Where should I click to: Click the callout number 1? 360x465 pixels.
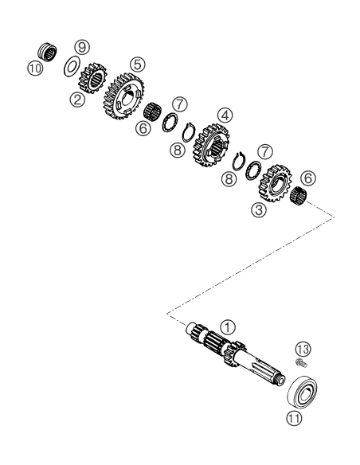point(228,327)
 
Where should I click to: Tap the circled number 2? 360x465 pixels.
point(78,100)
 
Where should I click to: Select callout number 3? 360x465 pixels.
point(259,210)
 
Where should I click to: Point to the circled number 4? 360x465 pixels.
point(225,116)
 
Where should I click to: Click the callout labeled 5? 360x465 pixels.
point(137,64)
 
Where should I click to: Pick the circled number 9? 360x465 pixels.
point(82,47)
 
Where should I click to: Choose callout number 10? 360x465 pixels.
point(35,68)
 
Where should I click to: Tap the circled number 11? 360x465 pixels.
point(294,419)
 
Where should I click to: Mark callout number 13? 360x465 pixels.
point(303,349)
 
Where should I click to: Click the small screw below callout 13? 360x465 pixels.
point(301,363)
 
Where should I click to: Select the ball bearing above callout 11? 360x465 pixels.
point(303,392)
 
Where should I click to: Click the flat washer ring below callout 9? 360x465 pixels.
point(71,67)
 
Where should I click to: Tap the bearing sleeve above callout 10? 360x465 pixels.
point(48,53)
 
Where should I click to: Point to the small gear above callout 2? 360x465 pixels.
point(92,79)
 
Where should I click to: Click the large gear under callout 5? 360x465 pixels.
point(123,96)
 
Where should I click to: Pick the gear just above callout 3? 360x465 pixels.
point(274,183)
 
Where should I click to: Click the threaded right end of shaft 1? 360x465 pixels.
point(280,381)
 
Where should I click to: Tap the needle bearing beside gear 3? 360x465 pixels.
point(298,196)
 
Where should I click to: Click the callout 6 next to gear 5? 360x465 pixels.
point(143,128)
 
